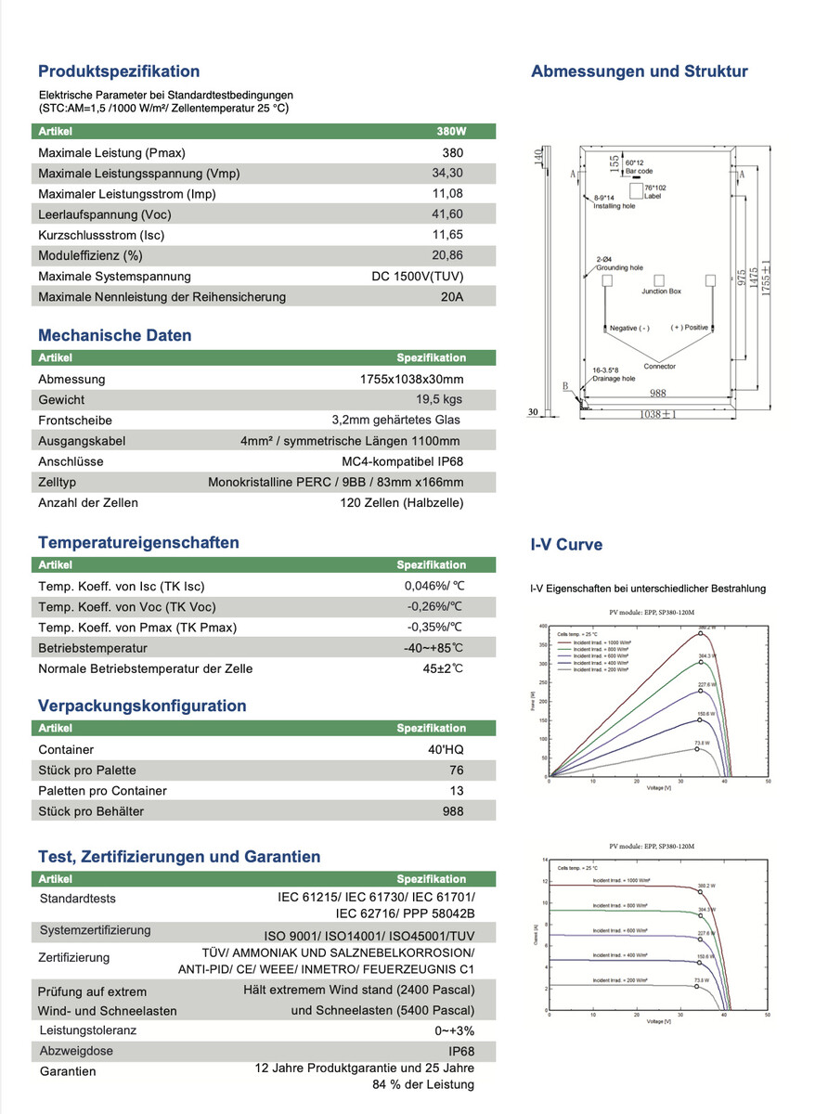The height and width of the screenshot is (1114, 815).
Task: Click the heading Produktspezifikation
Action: coord(119,71)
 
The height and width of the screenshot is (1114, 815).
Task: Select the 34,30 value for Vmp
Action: coord(447,174)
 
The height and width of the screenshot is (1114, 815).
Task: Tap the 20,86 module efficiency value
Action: coord(447,255)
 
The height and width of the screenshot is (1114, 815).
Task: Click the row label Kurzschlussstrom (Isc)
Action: coord(104,235)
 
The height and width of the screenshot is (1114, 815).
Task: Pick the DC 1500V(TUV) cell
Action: coord(417,277)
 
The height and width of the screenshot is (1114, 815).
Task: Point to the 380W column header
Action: coord(451,132)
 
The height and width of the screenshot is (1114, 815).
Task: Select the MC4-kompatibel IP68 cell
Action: coord(402,461)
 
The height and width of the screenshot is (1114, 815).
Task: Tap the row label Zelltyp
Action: coord(58,482)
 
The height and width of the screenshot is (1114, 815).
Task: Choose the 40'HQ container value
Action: coord(446,750)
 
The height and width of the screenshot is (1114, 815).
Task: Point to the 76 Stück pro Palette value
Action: coord(455,771)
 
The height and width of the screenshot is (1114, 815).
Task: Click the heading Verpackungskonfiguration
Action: coord(142,706)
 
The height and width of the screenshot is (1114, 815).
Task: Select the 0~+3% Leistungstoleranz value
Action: coord(455,1030)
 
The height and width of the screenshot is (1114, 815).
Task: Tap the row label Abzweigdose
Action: coord(76,1051)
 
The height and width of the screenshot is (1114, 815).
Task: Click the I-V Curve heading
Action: coord(566,545)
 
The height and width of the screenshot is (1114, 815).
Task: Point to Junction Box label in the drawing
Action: coord(661,291)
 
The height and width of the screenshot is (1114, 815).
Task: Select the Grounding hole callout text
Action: coord(619,267)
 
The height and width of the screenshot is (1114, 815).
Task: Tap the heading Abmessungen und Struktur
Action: coord(639,71)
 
